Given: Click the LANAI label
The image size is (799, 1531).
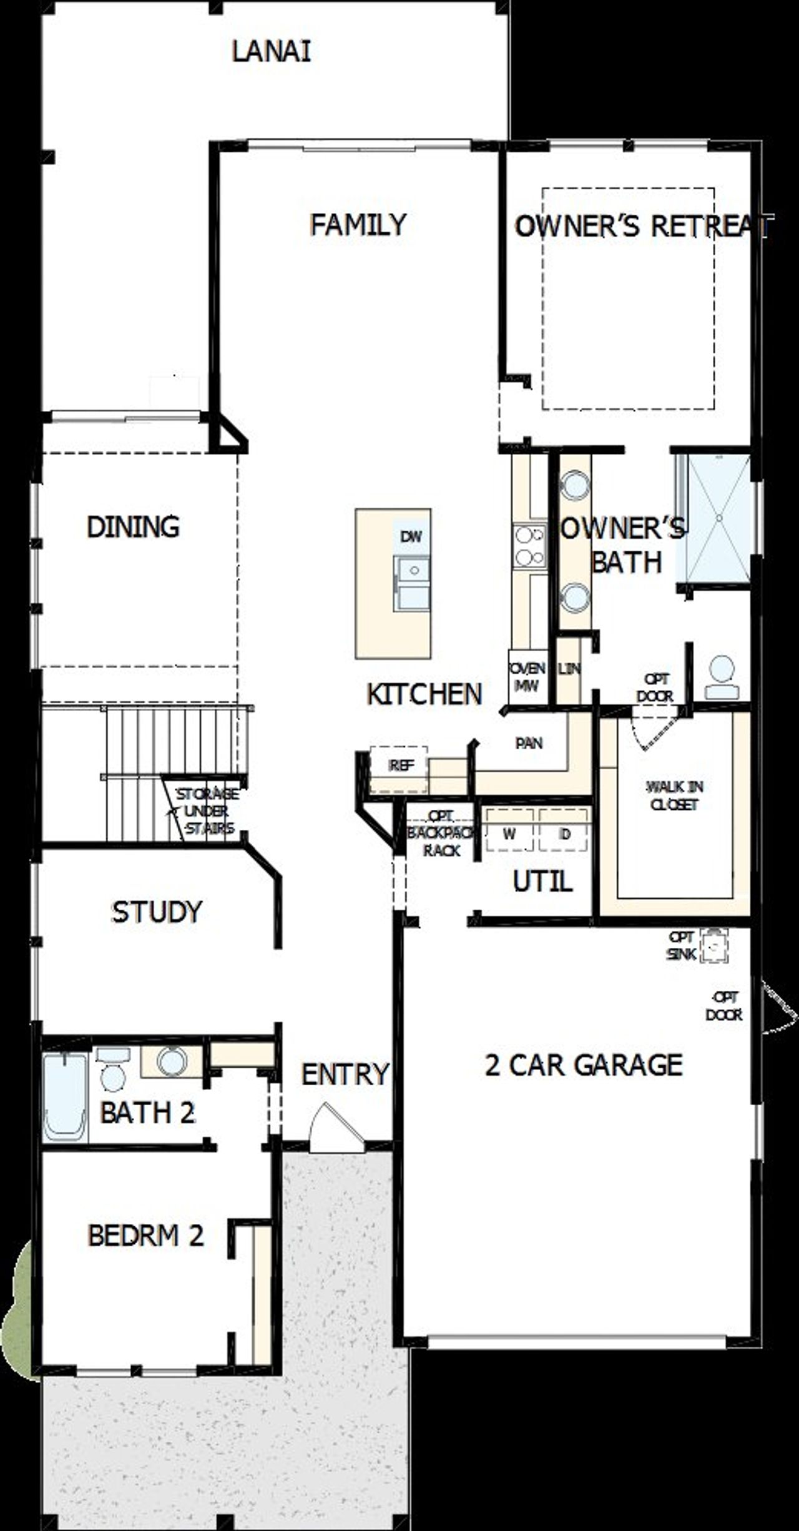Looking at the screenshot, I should tap(271, 52).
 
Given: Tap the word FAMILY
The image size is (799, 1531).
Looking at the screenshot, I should tap(358, 224).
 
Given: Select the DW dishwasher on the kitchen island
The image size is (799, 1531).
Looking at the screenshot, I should tap(411, 536).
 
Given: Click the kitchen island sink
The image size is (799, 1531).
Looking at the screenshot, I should tap(411, 583).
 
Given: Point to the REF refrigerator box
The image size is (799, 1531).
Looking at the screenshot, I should tap(399, 764).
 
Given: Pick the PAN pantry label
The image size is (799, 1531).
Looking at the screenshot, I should tap(529, 743).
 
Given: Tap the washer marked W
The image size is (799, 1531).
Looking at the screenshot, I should tap(510, 834).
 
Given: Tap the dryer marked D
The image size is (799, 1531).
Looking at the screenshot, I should tap(564, 834).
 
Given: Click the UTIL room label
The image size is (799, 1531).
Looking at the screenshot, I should tap(542, 881).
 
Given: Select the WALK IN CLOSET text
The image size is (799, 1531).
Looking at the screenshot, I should tap(674, 795).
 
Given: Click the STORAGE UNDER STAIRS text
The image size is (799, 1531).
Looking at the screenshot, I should tap(206, 811).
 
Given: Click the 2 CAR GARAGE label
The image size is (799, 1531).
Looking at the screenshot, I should tap(584, 1065).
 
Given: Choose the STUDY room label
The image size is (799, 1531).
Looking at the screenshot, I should tap(157, 912).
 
